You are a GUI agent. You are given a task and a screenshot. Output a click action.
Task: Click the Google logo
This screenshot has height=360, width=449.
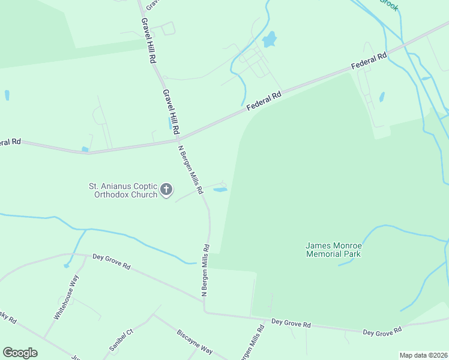click(20, 353)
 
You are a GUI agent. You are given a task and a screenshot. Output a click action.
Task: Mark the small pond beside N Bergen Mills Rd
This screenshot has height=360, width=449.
click(220, 190)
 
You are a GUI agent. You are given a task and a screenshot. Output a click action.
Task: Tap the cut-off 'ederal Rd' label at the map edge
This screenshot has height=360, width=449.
click(10, 142)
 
